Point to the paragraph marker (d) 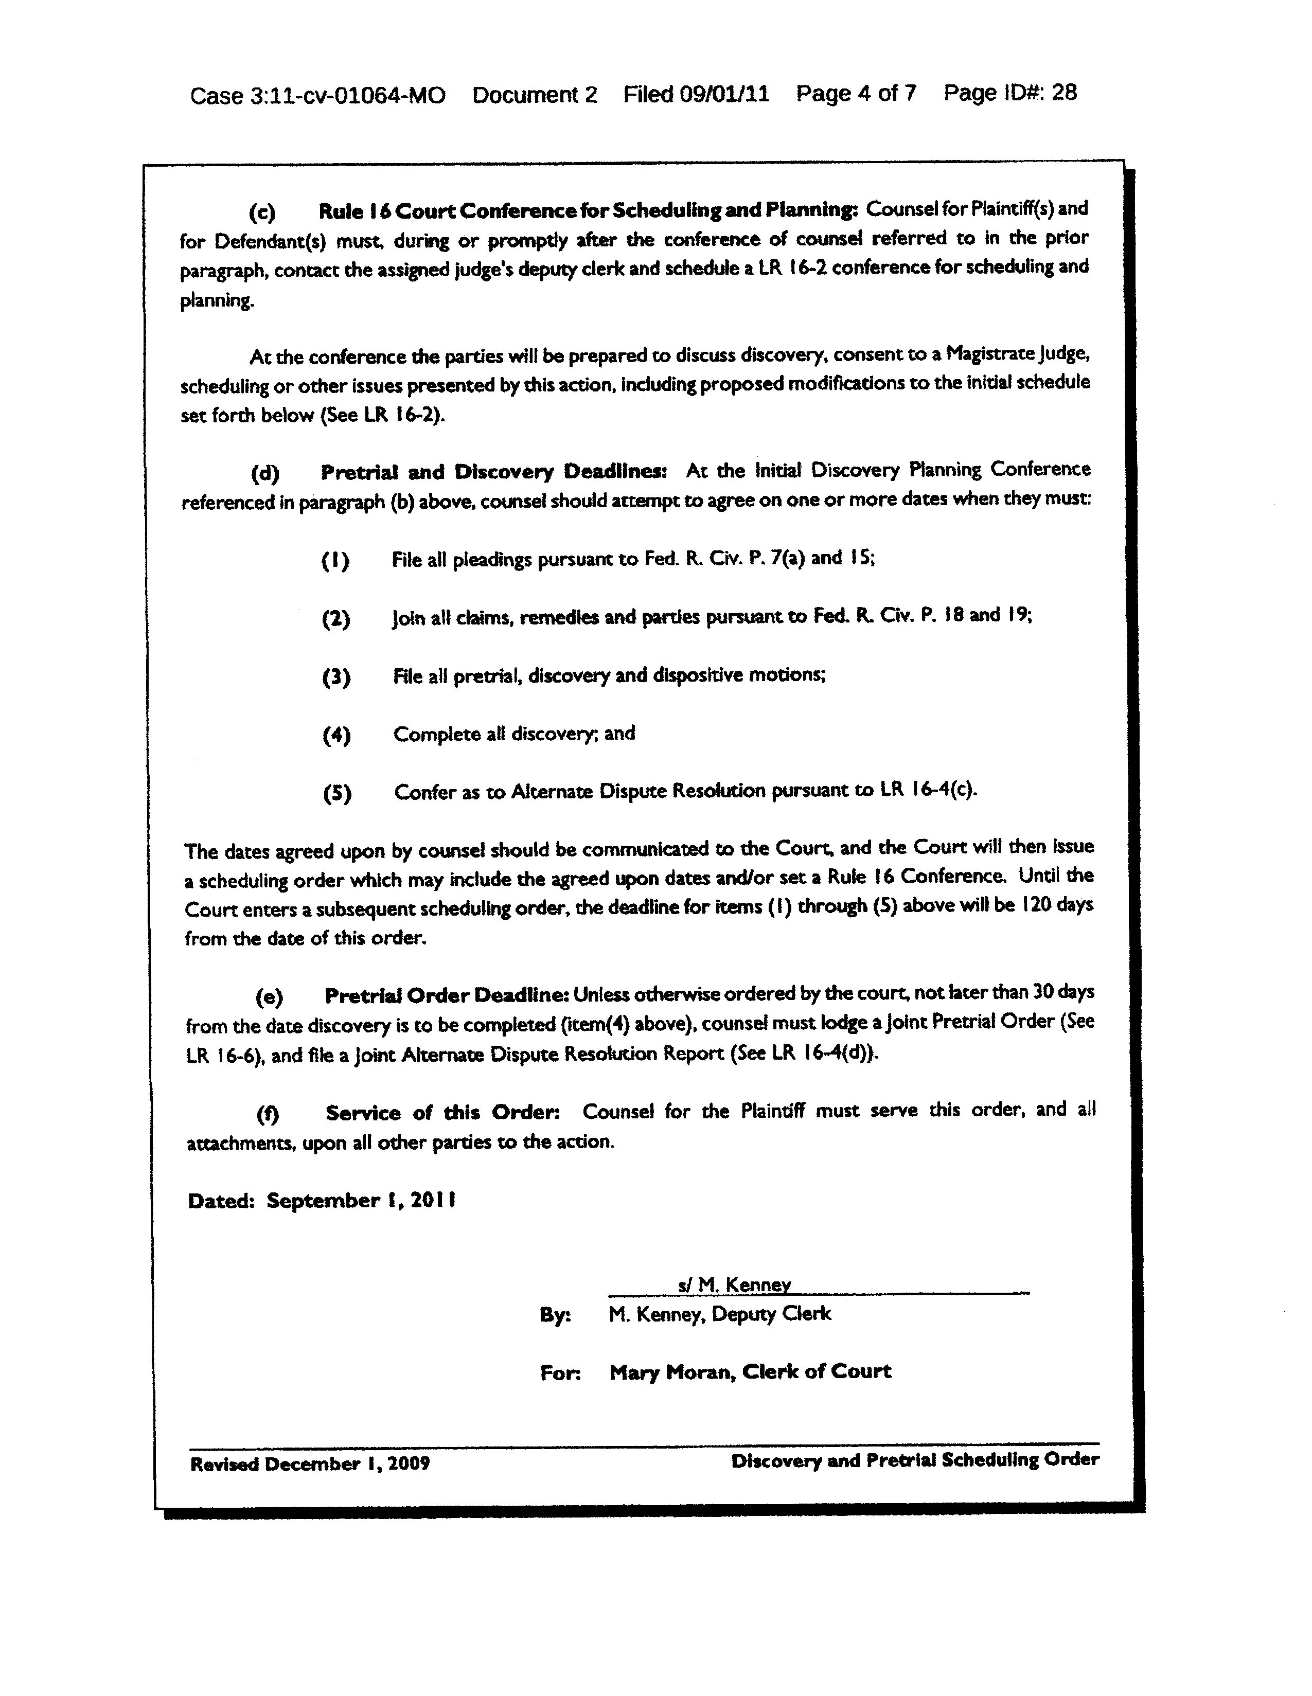(264, 473)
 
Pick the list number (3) (335, 678)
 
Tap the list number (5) (337, 794)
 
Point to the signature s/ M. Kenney (734, 1284)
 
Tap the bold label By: (555, 1315)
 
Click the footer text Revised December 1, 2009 (310, 1464)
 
